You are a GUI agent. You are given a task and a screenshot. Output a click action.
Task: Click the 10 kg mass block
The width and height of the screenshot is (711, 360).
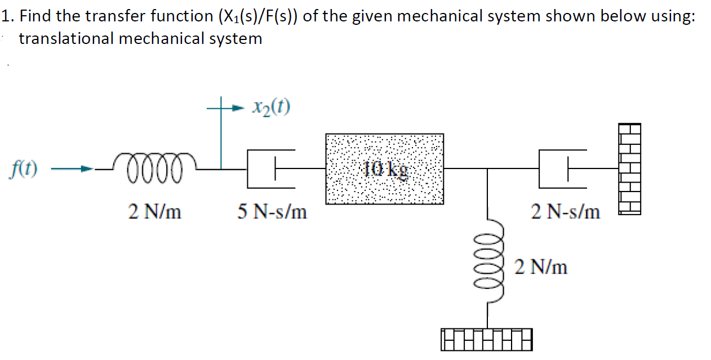point(384,168)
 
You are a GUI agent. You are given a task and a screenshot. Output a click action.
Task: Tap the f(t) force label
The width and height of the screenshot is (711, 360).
point(24,168)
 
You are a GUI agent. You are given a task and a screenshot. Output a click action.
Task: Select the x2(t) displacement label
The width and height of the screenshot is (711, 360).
point(272,106)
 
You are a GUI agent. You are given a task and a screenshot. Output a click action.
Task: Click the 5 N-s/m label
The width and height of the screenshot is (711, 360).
point(272,212)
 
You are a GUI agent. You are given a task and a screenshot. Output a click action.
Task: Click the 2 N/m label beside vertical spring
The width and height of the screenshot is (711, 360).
point(541,266)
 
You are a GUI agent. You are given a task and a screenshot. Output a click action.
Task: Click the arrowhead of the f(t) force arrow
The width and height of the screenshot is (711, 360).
point(85,168)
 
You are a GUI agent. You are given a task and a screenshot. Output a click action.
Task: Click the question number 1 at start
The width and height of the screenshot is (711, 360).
point(6,16)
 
